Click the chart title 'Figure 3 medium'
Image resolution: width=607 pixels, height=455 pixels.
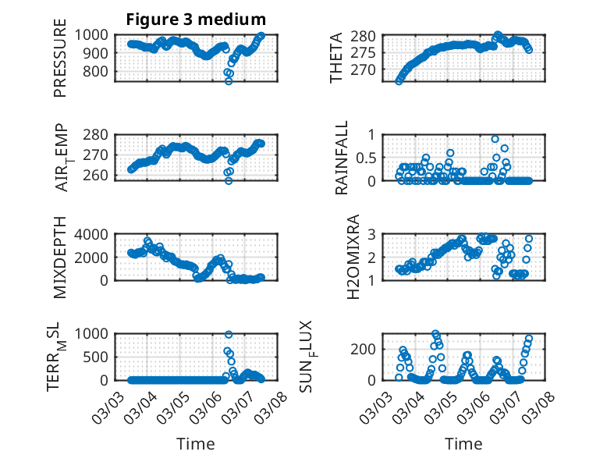coord(197,19)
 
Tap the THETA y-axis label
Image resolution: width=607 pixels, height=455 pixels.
coord(336,57)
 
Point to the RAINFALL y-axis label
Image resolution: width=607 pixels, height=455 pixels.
coord(341,157)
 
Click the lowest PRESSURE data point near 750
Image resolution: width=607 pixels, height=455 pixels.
coord(229,80)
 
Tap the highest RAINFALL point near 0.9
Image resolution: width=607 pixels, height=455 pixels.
coord(495,139)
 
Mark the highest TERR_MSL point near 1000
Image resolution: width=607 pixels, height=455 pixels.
coord(229,334)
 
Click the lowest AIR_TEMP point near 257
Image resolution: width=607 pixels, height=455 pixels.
coord(229,180)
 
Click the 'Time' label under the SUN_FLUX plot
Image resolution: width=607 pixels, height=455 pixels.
coord(463,443)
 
